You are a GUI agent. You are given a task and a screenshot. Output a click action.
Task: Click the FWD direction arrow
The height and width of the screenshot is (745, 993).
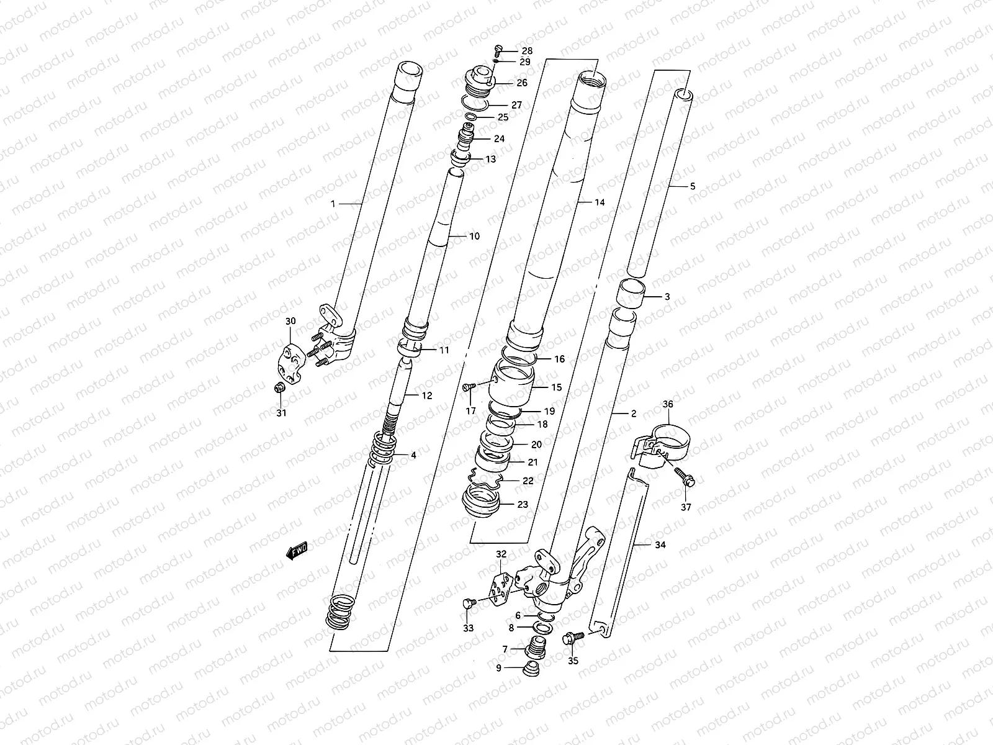click(x=297, y=551)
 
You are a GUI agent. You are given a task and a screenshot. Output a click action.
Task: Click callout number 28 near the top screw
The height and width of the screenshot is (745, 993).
click(x=526, y=50)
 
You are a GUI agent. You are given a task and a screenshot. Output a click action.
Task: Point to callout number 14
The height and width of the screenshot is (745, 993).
click(x=599, y=202)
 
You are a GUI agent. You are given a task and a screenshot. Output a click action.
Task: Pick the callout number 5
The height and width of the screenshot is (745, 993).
click(x=693, y=186)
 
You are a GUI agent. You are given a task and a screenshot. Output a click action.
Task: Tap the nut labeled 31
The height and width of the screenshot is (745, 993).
click(x=279, y=388)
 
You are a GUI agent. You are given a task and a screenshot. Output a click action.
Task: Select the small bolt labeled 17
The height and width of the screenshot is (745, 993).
click(x=469, y=387)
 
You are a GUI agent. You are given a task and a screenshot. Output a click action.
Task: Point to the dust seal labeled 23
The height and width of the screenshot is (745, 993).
click(x=481, y=502)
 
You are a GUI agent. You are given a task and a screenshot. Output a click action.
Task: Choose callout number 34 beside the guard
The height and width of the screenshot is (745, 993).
click(x=660, y=544)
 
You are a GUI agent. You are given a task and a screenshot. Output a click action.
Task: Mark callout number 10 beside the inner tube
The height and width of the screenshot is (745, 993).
click(x=474, y=236)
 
